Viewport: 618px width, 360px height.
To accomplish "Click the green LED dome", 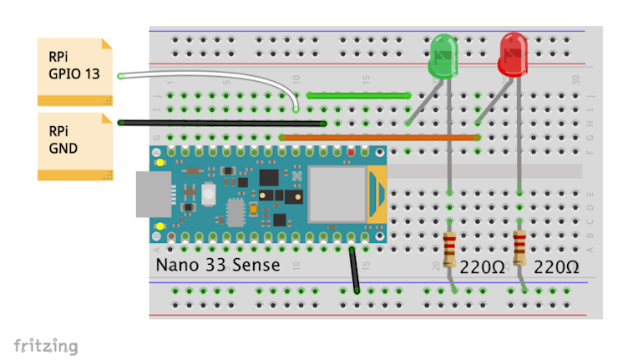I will (443, 55).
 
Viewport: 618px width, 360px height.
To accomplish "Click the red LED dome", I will (513, 53).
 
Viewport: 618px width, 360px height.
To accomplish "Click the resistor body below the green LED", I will (450, 247).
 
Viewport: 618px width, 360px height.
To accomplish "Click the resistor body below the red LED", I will (519, 247).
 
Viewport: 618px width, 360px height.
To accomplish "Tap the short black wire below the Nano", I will (355, 269).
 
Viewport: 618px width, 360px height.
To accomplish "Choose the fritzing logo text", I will (46, 345).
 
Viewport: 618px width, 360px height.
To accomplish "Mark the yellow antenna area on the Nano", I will (377, 195).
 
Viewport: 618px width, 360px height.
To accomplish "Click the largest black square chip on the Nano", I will (269, 178).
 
